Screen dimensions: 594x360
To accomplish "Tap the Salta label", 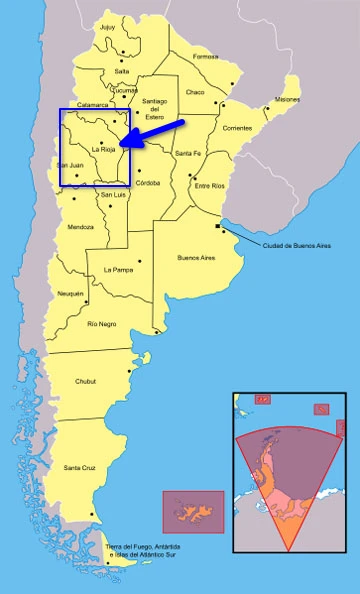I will [121, 71].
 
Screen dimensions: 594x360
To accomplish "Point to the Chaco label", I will [194, 92].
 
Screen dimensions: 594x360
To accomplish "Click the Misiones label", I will [286, 99].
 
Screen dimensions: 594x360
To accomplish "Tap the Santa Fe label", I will [187, 153].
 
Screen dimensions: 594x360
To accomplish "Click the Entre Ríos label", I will [210, 185].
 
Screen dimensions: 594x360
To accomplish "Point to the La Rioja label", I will [104, 150].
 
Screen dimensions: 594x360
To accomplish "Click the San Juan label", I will [70, 164].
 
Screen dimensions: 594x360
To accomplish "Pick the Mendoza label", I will [81, 227].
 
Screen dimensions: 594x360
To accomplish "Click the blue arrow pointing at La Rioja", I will [170, 132].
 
